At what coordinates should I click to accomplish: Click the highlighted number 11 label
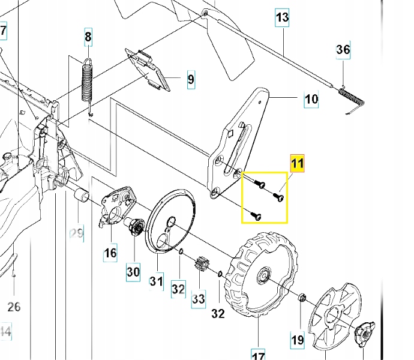tap(298, 162)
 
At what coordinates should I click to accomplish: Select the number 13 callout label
tap(283, 18)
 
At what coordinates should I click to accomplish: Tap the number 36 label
tap(343, 50)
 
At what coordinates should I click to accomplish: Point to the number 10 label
tap(311, 98)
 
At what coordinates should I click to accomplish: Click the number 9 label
tap(190, 79)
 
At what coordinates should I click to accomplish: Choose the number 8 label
tap(88, 38)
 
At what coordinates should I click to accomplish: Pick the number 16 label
tap(110, 253)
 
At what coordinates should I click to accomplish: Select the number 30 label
tap(133, 272)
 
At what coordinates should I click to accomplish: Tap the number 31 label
tap(157, 280)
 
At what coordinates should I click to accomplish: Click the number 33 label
tap(199, 298)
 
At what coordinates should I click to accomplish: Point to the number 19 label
tap(298, 340)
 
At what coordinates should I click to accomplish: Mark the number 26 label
tap(13, 307)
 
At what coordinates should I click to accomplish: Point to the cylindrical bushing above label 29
tap(81, 196)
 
